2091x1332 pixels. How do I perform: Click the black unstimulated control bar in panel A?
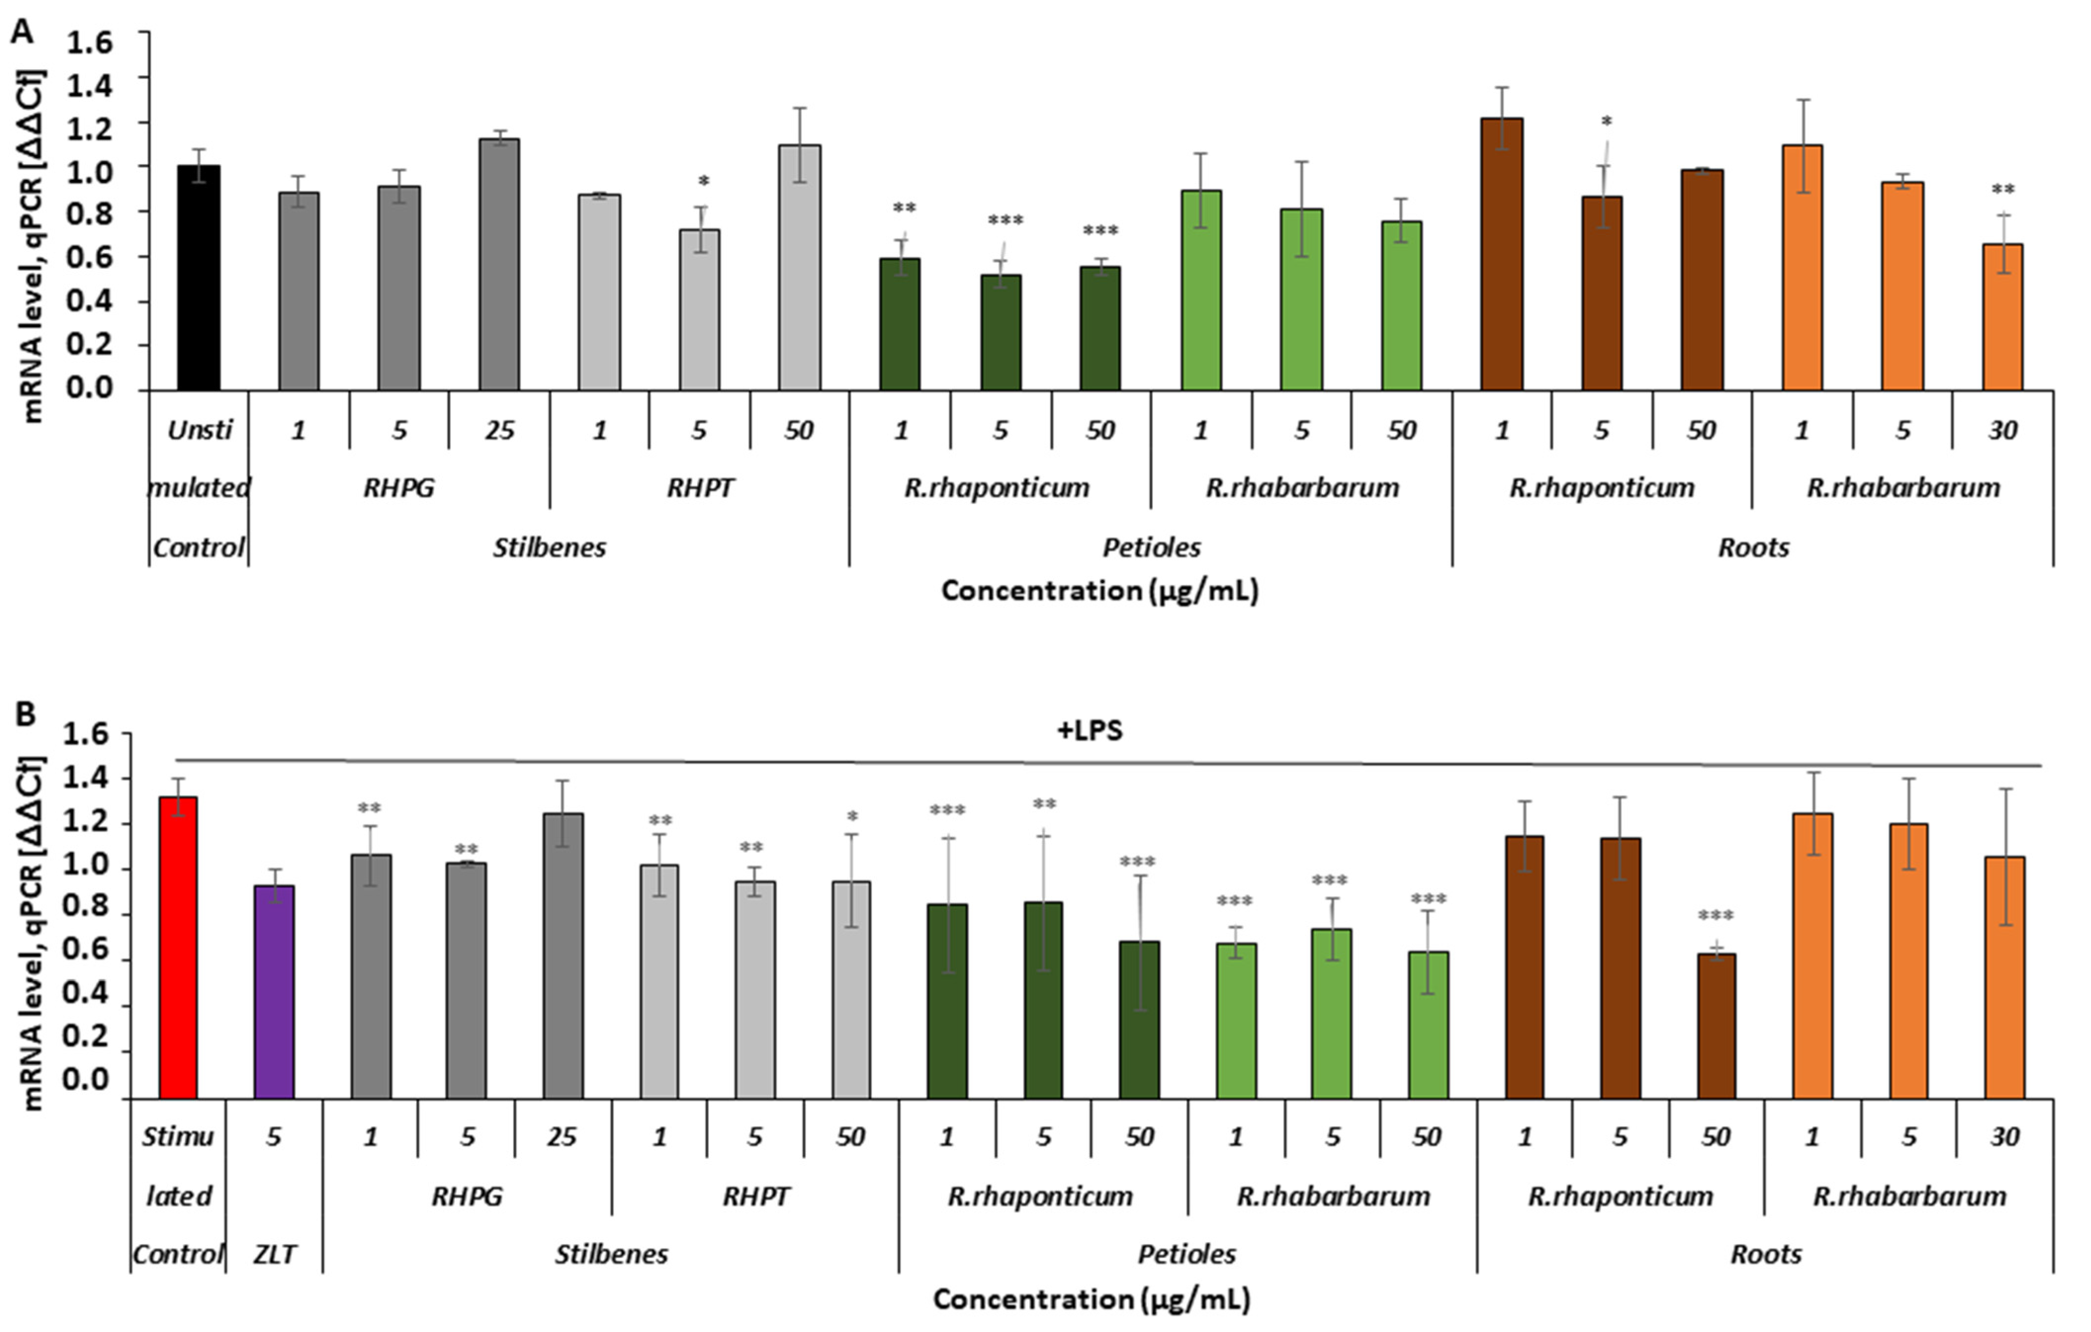click(198, 278)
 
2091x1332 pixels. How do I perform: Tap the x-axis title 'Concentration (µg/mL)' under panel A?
click(1099, 591)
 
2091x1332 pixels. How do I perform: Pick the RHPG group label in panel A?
click(398, 488)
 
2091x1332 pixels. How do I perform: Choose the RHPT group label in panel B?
click(755, 1197)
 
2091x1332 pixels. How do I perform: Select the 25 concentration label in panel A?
click(499, 430)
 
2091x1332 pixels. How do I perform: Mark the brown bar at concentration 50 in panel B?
click(1716, 1027)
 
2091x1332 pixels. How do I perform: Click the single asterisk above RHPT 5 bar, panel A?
click(703, 181)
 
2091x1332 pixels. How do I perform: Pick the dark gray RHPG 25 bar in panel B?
click(563, 956)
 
